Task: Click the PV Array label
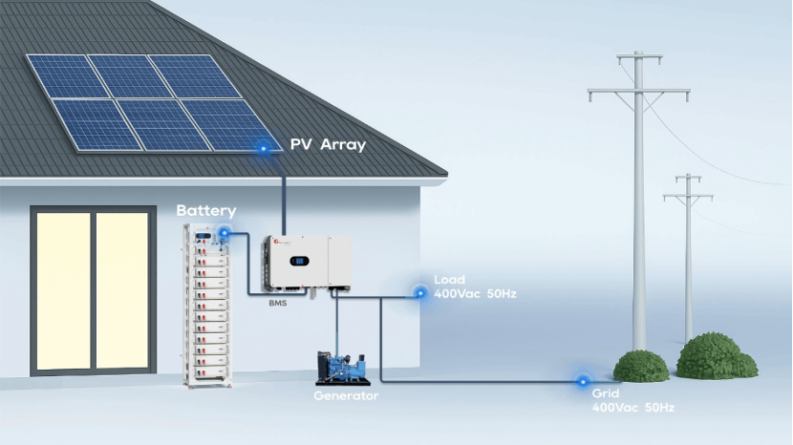coord(328,145)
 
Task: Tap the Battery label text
coord(205,210)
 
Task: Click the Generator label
coord(347,395)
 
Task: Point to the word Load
coord(449,280)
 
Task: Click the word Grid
coord(607,393)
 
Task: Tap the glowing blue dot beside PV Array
coord(262,148)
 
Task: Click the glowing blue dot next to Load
coord(418,292)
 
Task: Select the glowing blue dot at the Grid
coord(581,381)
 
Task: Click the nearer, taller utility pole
coord(638,210)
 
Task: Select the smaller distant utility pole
coord(688,258)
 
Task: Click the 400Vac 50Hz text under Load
coord(476,293)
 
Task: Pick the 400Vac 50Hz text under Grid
coord(633,408)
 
